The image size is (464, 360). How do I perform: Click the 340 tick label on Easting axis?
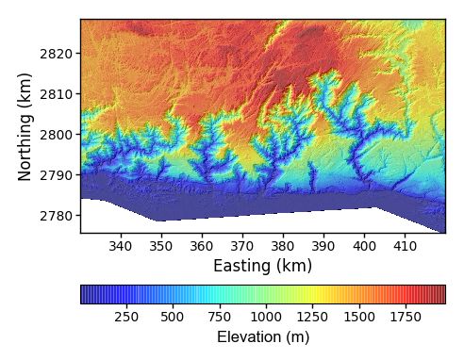(x=121, y=247)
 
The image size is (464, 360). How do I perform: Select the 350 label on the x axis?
(x=161, y=247)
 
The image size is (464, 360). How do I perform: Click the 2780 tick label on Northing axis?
(x=56, y=216)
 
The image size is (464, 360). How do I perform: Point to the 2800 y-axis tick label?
(x=56, y=135)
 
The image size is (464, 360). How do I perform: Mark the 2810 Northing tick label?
(x=56, y=94)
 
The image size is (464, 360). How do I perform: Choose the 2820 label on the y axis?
(x=56, y=54)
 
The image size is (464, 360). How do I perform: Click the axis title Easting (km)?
(x=262, y=266)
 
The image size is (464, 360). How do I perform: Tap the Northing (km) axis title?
(x=25, y=125)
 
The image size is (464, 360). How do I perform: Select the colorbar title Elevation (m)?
(x=262, y=336)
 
